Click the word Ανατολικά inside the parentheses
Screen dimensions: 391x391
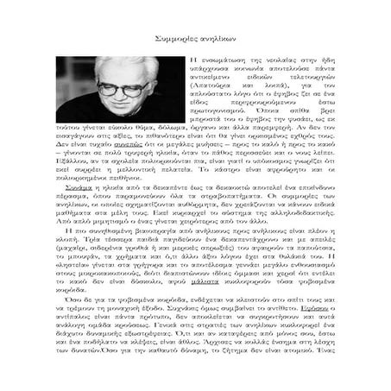point(207,87)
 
